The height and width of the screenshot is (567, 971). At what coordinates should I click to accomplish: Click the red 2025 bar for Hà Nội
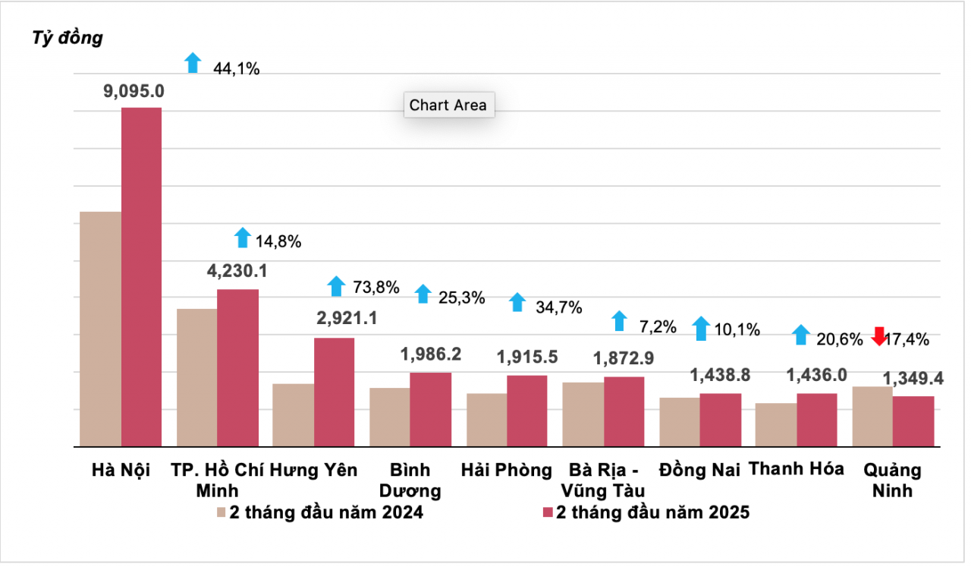[x=141, y=277]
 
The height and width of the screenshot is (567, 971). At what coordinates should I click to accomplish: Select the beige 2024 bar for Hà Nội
[x=101, y=329]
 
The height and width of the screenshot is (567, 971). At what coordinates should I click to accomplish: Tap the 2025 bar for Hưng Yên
[x=334, y=392]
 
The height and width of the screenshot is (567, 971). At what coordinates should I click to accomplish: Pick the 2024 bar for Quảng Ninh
[x=872, y=416]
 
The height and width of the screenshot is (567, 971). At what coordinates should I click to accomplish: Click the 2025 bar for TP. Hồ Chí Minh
[x=237, y=367]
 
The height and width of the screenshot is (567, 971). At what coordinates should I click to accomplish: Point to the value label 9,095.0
[x=134, y=91]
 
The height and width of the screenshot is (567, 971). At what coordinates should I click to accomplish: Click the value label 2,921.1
[x=337, y=319]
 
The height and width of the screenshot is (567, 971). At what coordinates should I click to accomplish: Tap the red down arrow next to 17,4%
[x=878, y=336]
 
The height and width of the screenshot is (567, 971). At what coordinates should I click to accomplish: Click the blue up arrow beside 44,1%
[x=193, y=63]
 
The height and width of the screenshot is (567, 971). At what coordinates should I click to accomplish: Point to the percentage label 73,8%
[x=376, y=287]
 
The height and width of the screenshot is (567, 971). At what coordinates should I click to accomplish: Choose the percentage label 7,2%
[x=658, y=327]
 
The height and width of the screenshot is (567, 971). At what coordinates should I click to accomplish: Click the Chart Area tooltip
[x=448, y=106]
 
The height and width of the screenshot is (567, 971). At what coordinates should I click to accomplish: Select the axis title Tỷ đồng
[x=68, y=38]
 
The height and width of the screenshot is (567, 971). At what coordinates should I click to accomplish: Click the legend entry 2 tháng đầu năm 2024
[x=319, y=512]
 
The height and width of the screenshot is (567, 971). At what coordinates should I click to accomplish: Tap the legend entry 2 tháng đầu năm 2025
[x=646, y=512]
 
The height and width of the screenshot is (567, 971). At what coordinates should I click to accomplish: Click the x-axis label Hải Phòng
[x=507, y=470]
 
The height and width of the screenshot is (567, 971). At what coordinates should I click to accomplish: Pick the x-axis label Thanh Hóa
[x=796, y=468]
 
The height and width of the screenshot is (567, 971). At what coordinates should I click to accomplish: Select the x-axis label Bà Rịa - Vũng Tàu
[x=604, y=480]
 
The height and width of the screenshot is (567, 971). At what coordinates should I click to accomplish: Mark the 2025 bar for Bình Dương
[x=430, y=409]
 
